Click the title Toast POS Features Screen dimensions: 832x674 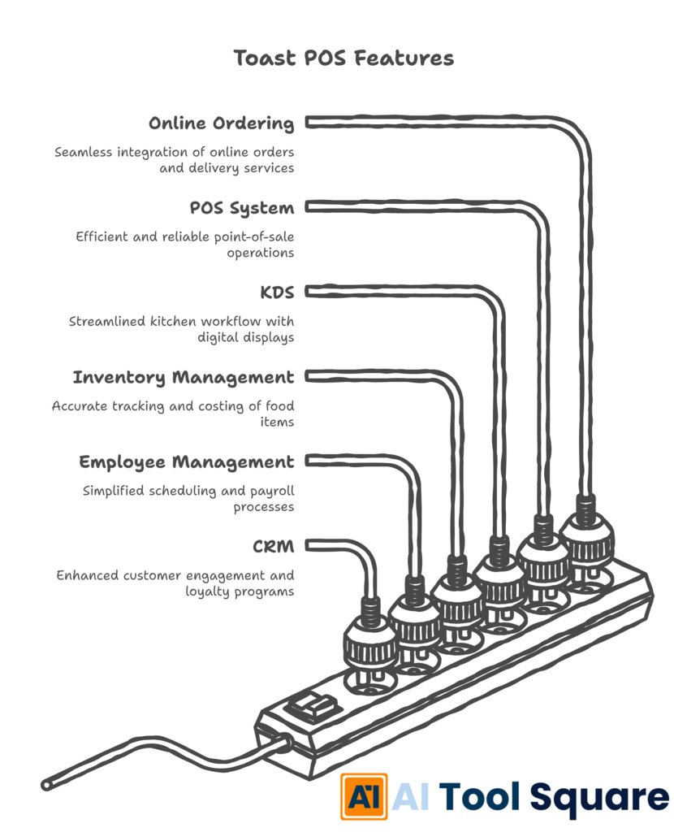343,58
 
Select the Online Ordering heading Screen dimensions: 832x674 221,123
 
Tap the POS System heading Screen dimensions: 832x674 241,208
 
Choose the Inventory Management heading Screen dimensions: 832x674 183,377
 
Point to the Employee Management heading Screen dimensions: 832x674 186,461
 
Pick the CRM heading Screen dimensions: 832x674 273,546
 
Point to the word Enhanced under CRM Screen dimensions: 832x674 87,575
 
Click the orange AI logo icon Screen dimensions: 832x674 363,796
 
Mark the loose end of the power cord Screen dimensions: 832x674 47,785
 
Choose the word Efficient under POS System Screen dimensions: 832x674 104,236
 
